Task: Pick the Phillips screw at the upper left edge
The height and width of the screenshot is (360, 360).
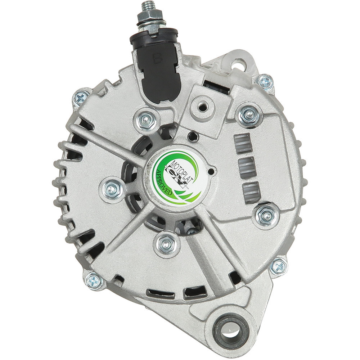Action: (x=81, y=99)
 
